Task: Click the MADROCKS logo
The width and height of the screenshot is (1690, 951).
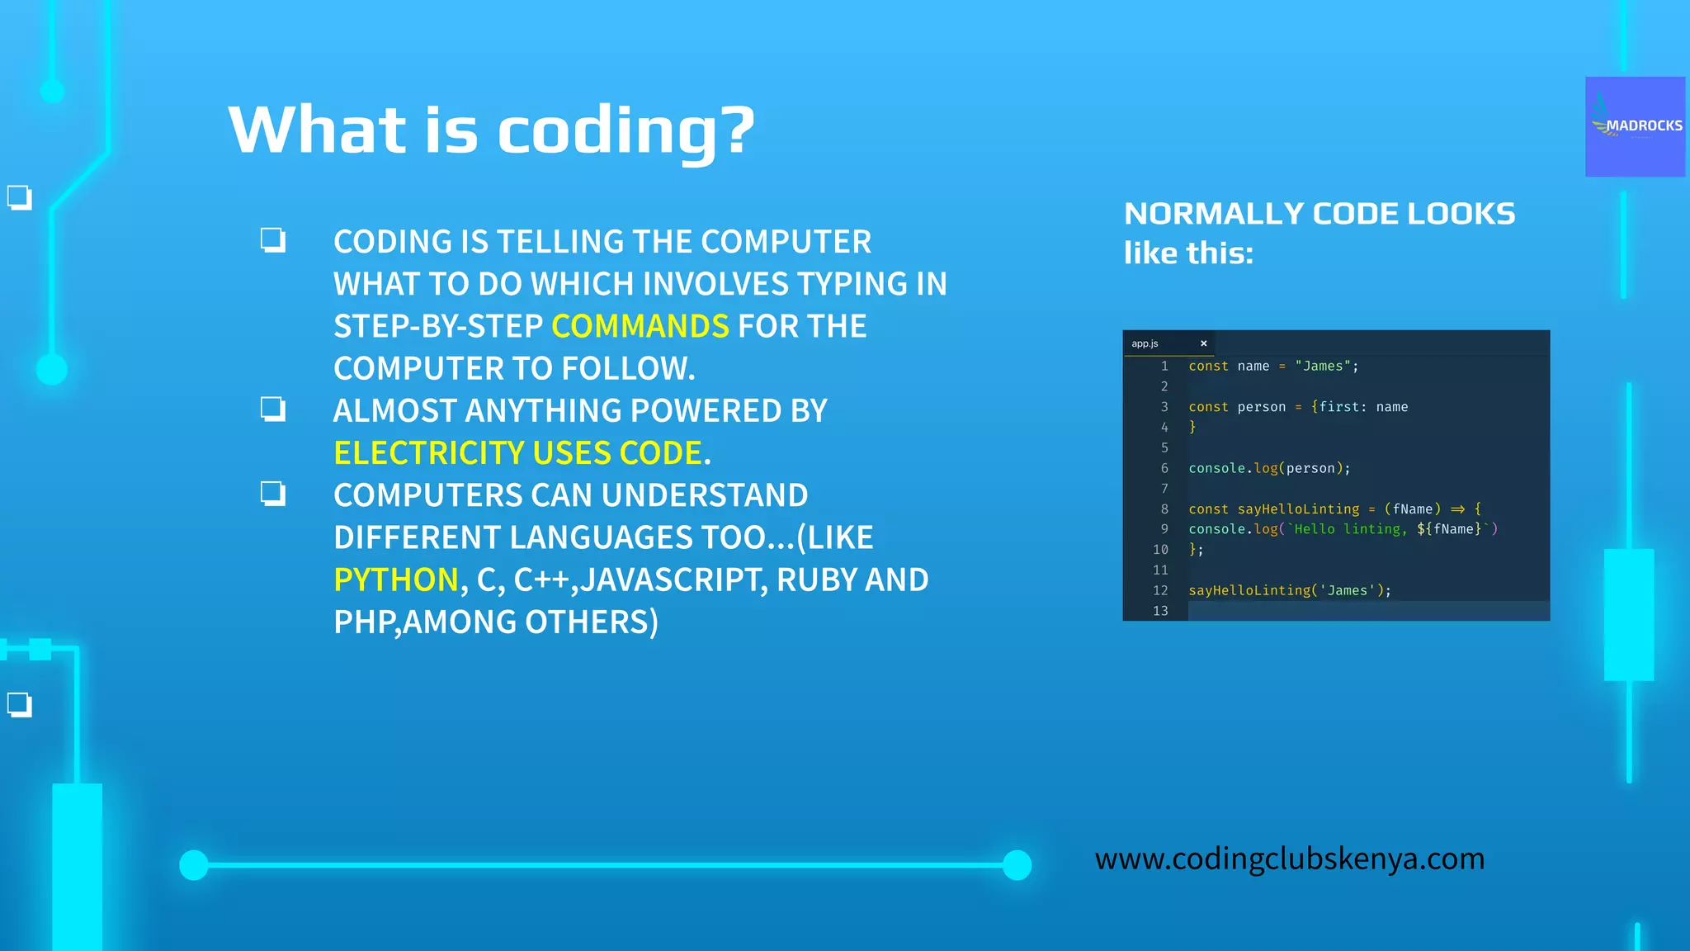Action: (x=1635, y=126)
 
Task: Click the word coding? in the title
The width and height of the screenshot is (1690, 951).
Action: (x=626, y=130)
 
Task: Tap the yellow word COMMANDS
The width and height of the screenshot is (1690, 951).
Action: (x=640, y=326)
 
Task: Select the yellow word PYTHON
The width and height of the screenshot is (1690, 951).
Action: (x=396, y=580)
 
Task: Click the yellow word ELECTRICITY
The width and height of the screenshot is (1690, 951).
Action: (x=428, y=453)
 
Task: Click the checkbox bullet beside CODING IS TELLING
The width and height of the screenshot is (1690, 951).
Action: (x=273, y=240)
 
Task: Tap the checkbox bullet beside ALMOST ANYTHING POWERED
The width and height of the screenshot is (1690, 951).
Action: (x=273, y=409)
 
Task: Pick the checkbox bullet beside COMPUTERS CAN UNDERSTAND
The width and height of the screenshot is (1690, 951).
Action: (x=273, y=494)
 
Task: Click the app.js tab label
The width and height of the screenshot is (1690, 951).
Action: (x=1145, y=343)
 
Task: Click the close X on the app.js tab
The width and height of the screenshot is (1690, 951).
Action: (x=1203, y=343)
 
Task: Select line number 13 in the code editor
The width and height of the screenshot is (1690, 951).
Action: (x=1160, y=611)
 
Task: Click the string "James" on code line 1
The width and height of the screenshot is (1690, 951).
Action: (x=1322, y=366)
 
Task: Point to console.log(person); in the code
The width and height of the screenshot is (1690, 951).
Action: (x=1269, y=468)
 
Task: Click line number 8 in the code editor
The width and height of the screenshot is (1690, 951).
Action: (x=1164, y=509)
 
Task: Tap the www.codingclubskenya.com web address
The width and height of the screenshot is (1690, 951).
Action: (x=1289, y=859)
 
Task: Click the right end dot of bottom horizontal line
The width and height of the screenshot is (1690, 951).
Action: (x=1017, y=865)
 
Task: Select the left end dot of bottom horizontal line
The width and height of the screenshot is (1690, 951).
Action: (x=194, y=865)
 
